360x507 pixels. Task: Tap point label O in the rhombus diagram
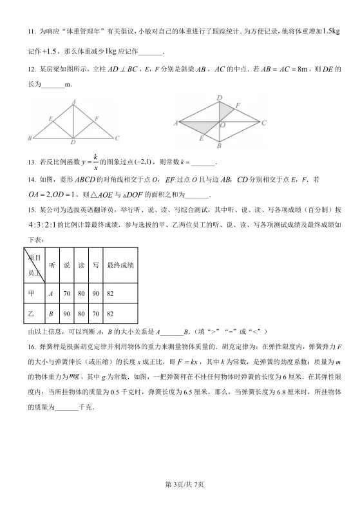(222, 126)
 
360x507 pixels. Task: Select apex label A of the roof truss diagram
(75, 101)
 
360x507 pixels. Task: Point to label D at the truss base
(73, 142)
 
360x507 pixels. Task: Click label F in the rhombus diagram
(238, 105)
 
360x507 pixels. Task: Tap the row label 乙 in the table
(31, 314)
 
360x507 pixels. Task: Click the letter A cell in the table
(51, 292)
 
